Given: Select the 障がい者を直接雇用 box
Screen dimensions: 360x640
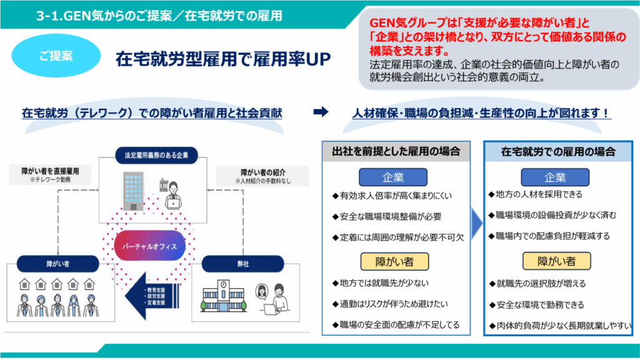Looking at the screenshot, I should [50, 174].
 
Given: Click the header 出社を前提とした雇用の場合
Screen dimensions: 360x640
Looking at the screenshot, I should [396, 151].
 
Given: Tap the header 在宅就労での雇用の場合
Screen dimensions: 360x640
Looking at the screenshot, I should [558, 151].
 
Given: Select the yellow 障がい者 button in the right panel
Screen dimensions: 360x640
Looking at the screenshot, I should [557, 260].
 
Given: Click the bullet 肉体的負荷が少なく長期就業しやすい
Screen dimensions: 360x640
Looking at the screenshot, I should [560, 325].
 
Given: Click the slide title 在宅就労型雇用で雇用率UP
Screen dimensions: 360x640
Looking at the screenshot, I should [222, 59].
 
